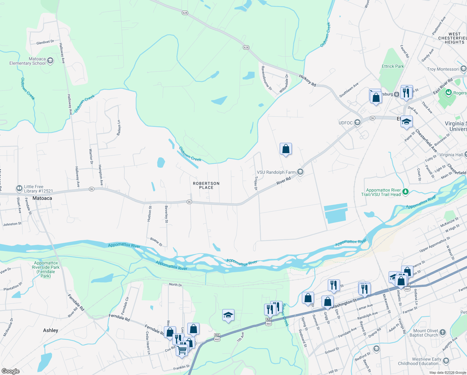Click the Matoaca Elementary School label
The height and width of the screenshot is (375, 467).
point(27,61)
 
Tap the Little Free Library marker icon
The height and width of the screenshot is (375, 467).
point(19,188)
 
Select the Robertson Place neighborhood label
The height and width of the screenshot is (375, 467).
point(206,185)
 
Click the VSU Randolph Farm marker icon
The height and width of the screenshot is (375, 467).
point(300,172)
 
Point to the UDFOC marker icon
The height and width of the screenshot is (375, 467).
point(357,122)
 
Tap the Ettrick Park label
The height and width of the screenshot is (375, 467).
point(393,66)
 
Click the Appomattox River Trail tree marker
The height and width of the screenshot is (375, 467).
point(406,192)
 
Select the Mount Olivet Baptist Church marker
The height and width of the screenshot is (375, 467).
point(443,332)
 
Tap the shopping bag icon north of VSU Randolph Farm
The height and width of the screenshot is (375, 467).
point(286,149)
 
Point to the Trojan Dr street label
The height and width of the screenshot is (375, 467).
point(256,183)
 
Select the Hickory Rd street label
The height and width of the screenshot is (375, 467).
point(307,80)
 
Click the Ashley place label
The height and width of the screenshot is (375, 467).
point(51,330)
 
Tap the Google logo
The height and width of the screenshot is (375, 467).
point(11,371)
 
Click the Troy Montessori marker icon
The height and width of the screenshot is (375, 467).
point(463,69)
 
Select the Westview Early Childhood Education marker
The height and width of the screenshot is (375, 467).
point(446,361)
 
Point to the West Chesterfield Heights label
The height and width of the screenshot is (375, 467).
point(454,38)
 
